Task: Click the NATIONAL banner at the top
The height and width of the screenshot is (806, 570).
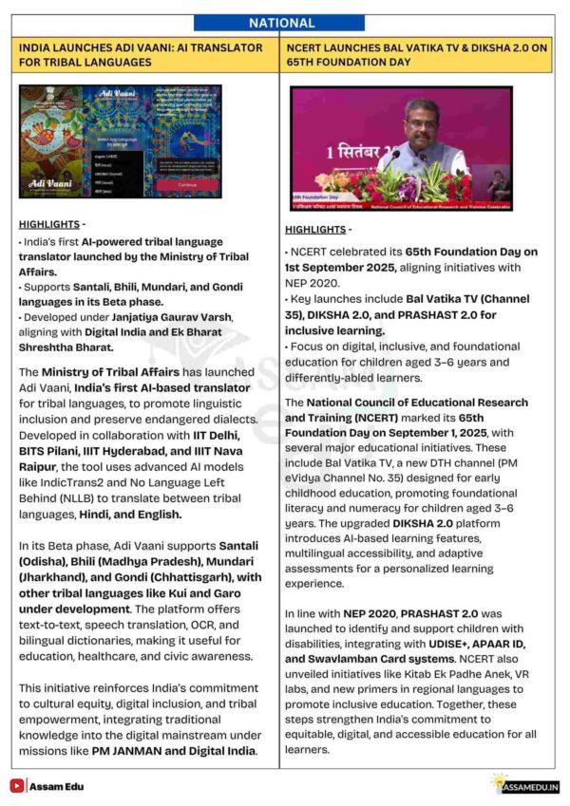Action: tap(281, 23)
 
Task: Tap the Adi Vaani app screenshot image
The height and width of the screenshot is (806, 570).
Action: tap(120, 141)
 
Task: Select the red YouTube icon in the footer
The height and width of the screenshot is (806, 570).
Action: tap(17, 785)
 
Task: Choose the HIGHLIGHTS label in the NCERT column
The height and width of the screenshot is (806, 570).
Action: tap(316, 230)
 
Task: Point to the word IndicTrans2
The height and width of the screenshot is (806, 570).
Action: tap(58, 485)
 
